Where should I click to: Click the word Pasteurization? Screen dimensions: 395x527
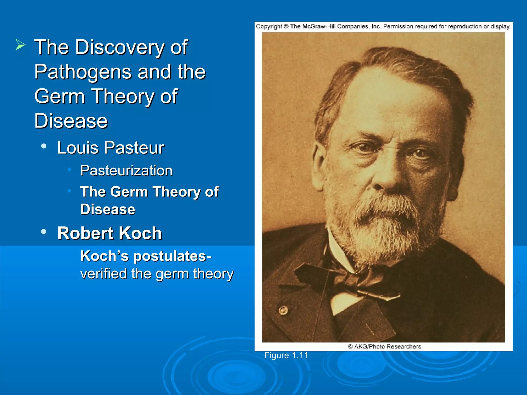(126, 170)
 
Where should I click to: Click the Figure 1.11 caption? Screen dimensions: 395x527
(286, 355)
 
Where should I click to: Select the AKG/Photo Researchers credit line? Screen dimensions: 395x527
(384, 347)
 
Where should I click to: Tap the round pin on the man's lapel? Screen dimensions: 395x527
(283, 310)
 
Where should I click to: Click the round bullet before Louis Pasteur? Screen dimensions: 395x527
(44, 146)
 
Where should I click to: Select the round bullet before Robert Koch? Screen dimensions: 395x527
(44, 231)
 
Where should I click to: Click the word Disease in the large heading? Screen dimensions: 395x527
(71, 121)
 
